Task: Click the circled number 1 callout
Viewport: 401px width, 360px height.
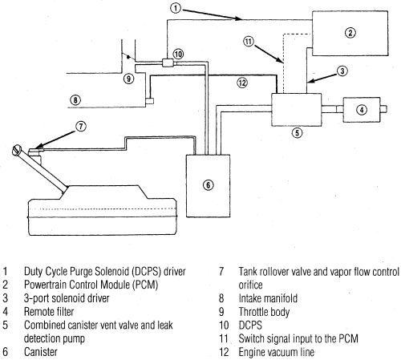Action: (x=176, y=8)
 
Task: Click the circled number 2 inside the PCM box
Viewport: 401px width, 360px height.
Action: (x=350, y=33)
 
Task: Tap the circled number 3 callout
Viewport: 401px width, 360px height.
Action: (x=342, y=71)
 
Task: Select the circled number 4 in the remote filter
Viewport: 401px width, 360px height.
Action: (x=362, y=110)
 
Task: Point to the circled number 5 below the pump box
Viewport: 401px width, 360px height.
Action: (x=298, y=132)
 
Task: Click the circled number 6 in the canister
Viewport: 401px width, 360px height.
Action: (x=208, y=185)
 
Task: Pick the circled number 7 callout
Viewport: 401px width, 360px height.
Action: (x=81, y=126)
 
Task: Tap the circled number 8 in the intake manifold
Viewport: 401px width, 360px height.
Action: (x=75, y=100)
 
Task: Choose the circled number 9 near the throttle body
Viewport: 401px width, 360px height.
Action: (x=128, y=79)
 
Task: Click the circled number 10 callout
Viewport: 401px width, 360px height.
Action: (x=178, y=55)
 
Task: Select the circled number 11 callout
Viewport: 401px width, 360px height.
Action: (x=249, y=42)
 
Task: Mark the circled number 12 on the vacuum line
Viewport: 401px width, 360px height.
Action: (x=242, y=83)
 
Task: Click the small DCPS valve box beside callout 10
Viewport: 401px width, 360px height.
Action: (x=168, y=63)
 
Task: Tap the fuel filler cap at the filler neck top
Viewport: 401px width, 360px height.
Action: (x=17, y=150)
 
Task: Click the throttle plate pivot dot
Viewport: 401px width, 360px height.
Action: (x=128, y=57)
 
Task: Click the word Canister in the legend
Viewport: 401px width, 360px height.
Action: (x=41, y=352)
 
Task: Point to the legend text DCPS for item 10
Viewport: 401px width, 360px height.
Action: (x=250, y=325)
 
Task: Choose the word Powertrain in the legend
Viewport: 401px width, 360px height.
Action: (x=46, y=285)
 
